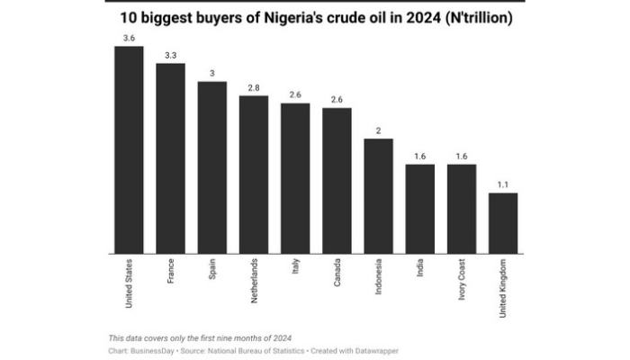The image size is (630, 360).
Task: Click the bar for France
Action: (x=170, y=158)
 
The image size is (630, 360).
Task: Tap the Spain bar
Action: (x=211, y=167)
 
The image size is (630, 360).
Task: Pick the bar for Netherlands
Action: (x=253, y=175)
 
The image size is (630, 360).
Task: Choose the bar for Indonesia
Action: (x=378, y=196)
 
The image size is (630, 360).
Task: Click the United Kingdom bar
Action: (x=503, y=223)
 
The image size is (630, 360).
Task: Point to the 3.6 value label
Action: (x=129, y=38)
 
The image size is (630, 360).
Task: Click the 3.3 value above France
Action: (x=170, y=56)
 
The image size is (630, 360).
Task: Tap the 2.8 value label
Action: (x=253, y=87)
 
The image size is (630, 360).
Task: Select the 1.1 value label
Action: (x=503, y=184)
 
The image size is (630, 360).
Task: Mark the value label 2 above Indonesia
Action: (x=378, y=130)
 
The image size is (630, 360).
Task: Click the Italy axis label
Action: (x=295, y=267)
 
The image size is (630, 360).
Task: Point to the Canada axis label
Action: (x=337, y=273)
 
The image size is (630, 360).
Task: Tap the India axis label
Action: (x=419, y=268)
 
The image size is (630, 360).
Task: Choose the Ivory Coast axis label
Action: (x=462, y=280)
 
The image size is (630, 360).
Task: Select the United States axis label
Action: (x=129, y=282)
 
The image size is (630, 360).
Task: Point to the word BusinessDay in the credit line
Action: (x=152, y=350)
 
